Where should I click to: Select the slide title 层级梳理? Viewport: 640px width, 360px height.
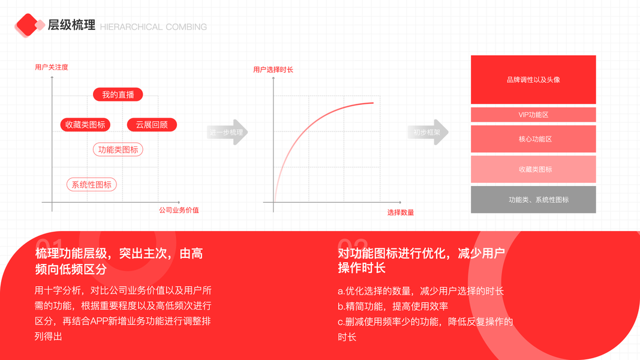click(x=71, y=25)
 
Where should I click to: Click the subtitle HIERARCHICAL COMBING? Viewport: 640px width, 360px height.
click(x=153, y=27)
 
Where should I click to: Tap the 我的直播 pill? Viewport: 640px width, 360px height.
click(x=118, y=95)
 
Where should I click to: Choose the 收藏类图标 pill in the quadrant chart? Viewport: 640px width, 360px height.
click(x=85, y=125)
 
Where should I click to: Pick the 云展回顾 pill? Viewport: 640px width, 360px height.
click(x=152, y=125)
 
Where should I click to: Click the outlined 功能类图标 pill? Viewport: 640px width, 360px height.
click(x=118, y=149)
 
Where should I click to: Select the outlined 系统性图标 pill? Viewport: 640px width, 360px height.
click(x=91, y=184)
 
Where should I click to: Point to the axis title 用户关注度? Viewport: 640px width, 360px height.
click(x=52, y=67)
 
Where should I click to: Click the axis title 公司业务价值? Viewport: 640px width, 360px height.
click(x=179, y=211)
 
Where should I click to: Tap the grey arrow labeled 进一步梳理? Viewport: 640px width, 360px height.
click(x=228, y=133)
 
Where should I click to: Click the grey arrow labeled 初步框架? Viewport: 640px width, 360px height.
click(x=429, y=133)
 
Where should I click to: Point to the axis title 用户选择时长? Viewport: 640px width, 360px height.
click(x=273, y=70)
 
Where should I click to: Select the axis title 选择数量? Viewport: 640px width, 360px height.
click(x=400, y=213)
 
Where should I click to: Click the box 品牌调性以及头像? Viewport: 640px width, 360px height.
click(x=533, y=80)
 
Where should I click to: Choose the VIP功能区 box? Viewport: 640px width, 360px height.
click(x=533, y=115)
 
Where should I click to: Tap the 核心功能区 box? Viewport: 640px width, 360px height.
click(x=533, y=139)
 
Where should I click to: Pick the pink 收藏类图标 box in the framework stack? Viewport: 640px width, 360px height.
click(x=533, y=170)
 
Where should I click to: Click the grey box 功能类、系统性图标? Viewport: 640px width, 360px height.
click(x=533, y=200)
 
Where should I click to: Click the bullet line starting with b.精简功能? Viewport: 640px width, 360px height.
click(x=393, y=306)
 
